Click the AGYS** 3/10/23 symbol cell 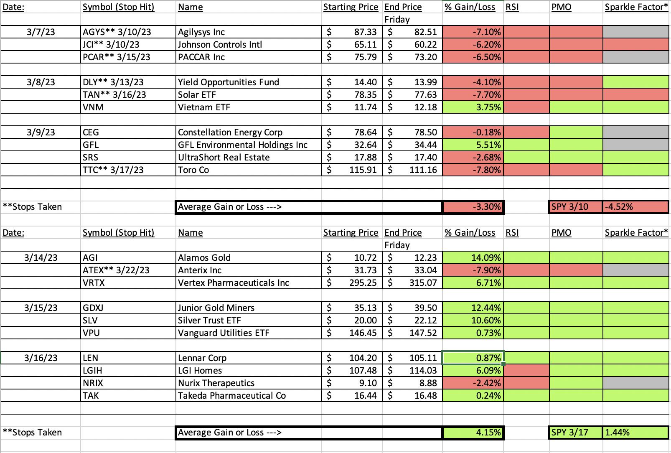tap(128, 32)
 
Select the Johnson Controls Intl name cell tap(248, 44)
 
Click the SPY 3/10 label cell tap(575, 207)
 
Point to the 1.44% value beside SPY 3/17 tap(635, 433)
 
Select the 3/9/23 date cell tap(41, 132)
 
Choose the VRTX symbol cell tap(128, 282)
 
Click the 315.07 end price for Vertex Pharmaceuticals tap(412, 282)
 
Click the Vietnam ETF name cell tap(248, 107)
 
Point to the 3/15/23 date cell tap(41, 308)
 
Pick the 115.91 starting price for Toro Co tap(352, 170)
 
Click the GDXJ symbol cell tap(128, 308)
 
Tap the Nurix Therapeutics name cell tap(248, 383)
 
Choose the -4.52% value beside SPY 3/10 tap(635, 207)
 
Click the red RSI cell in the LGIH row tap(526, 370)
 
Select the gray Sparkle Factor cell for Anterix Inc tap(636, 270)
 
